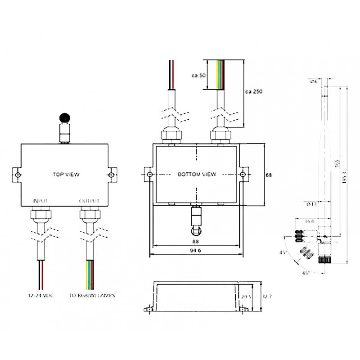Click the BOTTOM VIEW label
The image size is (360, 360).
coord(197,174)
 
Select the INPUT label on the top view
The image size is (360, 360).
coord(40,201)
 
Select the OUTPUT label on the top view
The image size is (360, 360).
coord(89,201)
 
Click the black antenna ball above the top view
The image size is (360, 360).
coord(65,118)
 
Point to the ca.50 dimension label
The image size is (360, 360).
coord(198,76)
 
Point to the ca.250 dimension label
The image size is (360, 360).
coord(253,91)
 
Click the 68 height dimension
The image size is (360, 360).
coord(269,175)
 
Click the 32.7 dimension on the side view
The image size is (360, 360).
coord(266,297)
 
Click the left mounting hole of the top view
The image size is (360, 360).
coord(17,175)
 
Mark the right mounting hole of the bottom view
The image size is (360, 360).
coord(243,175)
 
